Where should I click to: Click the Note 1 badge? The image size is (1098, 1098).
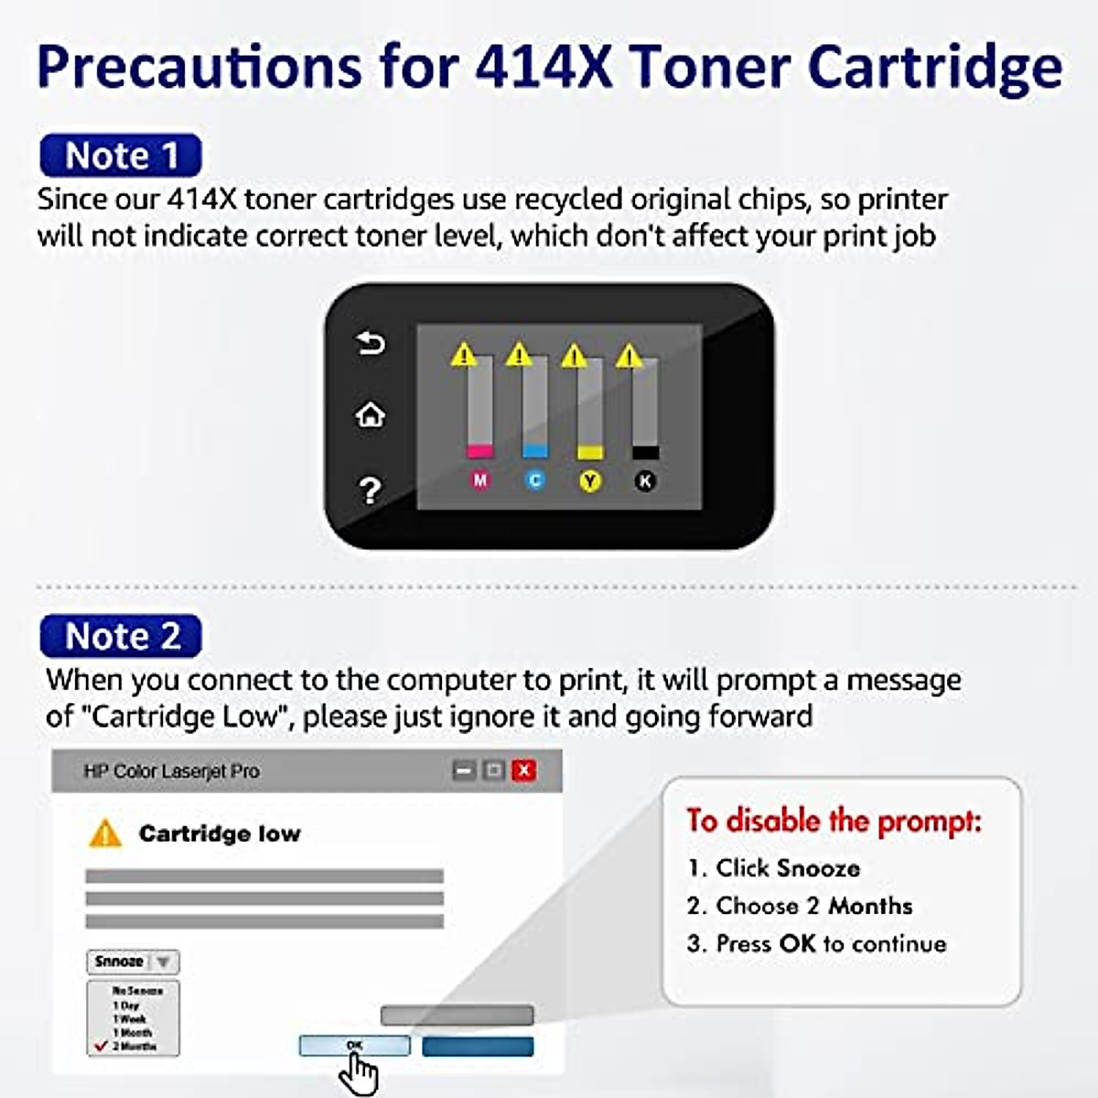[120, 156]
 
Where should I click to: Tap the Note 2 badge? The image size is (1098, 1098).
[121, 636]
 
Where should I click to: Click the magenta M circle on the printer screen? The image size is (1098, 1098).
[479, 479]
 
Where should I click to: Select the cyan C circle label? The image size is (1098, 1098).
[535, 479]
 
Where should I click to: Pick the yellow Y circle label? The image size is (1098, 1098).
[590, 480]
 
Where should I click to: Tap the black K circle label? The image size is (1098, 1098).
[645, 480]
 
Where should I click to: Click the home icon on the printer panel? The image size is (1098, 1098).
[370, 415]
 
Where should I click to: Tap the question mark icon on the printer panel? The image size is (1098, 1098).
[370, 490]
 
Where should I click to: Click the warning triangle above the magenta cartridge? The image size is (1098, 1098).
[464, 354]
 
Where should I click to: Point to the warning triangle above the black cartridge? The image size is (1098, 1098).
[630, 355]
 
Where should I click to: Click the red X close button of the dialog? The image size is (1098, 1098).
[524, 770]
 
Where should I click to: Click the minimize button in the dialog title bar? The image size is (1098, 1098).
[464, 770]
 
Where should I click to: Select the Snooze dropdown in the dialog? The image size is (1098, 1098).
[134, 962]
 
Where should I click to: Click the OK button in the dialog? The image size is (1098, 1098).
[355, 1045]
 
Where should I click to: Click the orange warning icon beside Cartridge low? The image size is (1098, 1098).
[105, 834]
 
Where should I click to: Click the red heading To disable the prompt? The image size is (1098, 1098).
[834, 821]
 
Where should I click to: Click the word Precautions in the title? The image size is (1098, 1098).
[199, 67]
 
